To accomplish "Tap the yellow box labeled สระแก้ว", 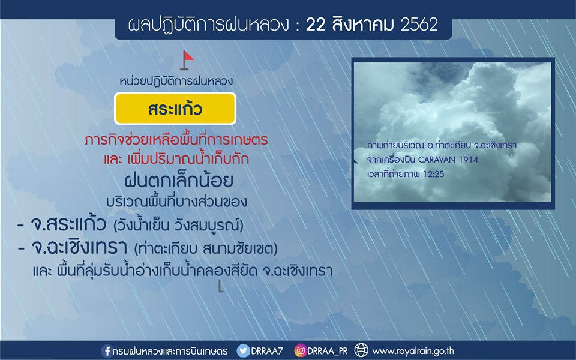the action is click(175, 109).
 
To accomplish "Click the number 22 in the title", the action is click(316, 25).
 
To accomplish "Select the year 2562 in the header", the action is click(419, 25).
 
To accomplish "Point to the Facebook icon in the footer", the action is click(107, 351).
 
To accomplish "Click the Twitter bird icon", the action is click(243, 351).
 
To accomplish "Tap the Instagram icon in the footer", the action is click(300, 350).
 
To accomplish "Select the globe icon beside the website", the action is click(361, 350).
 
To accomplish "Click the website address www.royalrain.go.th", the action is click(413, 351).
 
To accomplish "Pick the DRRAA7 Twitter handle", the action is click(267, 351).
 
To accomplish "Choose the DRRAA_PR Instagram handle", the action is click(328, 351).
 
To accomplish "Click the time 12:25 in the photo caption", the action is click(433, 174).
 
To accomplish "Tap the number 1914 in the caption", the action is click(468, 160).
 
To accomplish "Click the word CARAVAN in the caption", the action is click(436, 160).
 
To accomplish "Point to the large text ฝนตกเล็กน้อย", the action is click(179, 180).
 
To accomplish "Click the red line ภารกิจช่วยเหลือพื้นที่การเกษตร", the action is click(176, 140).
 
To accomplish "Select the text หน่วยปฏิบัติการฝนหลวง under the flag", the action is click(176, 80).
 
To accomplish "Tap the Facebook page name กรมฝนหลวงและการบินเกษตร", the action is click(170, 351).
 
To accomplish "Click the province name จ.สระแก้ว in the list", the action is click(68, 224).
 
